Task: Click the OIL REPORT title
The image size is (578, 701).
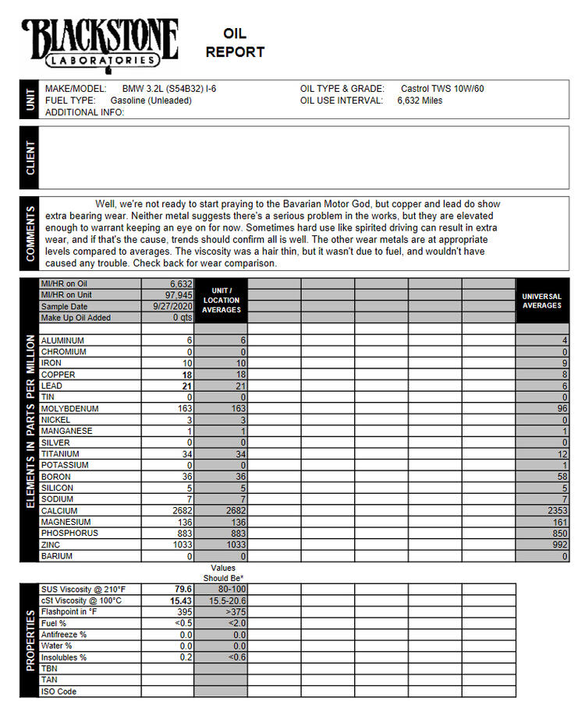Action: pyautogui.click(x=235, y=43)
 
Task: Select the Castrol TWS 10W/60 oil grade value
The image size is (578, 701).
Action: pyautogui.click(x=441, y=89)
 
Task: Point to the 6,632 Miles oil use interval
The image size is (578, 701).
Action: pyautogui.click(x=420, y=100)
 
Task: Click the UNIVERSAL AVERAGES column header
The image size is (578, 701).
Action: pyautogui.click(x=541, y=301)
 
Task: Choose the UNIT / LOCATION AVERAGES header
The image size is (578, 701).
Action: pyautogui.click(x=221, y=300)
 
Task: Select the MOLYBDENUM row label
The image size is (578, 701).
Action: pyautogui.click(x=69, y=408)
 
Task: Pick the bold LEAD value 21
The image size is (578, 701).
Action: pyautogui.click(x=186, y=386)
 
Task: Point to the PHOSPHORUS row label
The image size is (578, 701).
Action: pyautogui.click(x=69, y=534)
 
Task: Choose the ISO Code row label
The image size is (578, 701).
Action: pyautogui.click(x=59, y=692)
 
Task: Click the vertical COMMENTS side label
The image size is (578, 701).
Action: pyautogui.click(x=30, y=232)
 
